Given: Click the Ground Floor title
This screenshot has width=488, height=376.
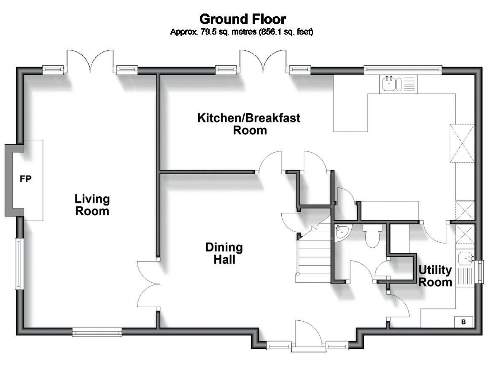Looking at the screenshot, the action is point(243,19).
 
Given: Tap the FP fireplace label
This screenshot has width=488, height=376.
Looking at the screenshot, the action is point(26,179).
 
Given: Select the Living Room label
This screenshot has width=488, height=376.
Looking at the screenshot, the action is point(92,205).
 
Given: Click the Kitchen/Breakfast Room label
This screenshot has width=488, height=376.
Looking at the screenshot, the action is point(249,124).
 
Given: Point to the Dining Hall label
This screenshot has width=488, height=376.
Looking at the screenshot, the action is point(224,253).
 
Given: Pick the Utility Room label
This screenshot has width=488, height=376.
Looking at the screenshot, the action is point(435,276).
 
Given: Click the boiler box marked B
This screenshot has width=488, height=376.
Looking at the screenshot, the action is point(464,322).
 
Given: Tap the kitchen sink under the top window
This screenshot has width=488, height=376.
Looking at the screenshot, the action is point(398,84).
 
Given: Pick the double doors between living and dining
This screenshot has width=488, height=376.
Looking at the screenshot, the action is point(148,284).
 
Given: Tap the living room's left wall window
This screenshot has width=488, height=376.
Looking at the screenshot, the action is point(19,264).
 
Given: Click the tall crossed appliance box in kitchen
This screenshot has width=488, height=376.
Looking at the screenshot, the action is point(462,143).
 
